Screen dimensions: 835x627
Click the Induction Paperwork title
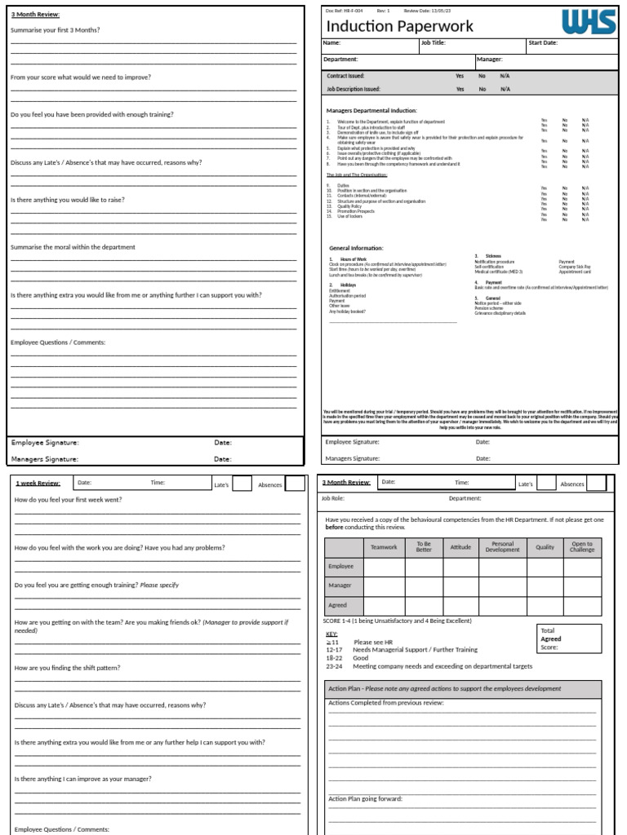click(x=399, y=26)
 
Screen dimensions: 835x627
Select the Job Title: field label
click(x=433, y=43)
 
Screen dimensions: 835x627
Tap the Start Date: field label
click(x=544, y=43)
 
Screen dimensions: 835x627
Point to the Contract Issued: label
click(x=345, y=76)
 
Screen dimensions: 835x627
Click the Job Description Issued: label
click(x=354, y=89)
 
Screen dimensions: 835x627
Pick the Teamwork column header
click(x=384, y=547)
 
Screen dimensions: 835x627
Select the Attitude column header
click(x=460, y=547)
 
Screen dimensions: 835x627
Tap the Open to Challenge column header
click(x=582, y=547)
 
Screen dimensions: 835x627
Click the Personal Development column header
click(x=502, y=547)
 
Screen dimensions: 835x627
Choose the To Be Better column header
click(x=424, y=547)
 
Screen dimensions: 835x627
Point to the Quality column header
click(x=545, y=547)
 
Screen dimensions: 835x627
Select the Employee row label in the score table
click(x=340, y=566)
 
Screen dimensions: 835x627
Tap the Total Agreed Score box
click(x=568, y=639)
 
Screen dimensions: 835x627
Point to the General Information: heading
click(x=356, y=248)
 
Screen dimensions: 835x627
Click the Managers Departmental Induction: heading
click(x=371, y=110)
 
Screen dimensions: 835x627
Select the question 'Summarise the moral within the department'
click(x=73, y=247)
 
